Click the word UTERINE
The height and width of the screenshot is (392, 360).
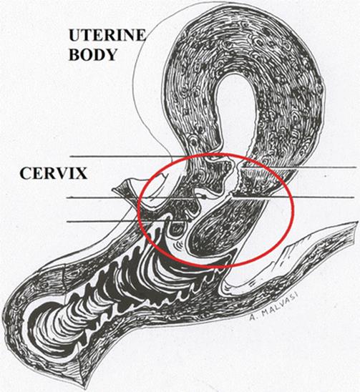pos(107,36)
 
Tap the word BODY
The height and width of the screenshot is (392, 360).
pos(93,55)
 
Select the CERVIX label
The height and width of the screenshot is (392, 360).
pos(54,173)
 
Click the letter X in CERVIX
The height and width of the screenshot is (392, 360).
pos(80,173)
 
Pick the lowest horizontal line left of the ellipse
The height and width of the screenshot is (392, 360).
pos(102,221)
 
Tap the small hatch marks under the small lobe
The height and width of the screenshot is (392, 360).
pos(178,244)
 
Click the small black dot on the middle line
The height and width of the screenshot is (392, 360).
pos(205,197)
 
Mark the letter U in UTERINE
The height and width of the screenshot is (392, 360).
pos(74,36)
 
